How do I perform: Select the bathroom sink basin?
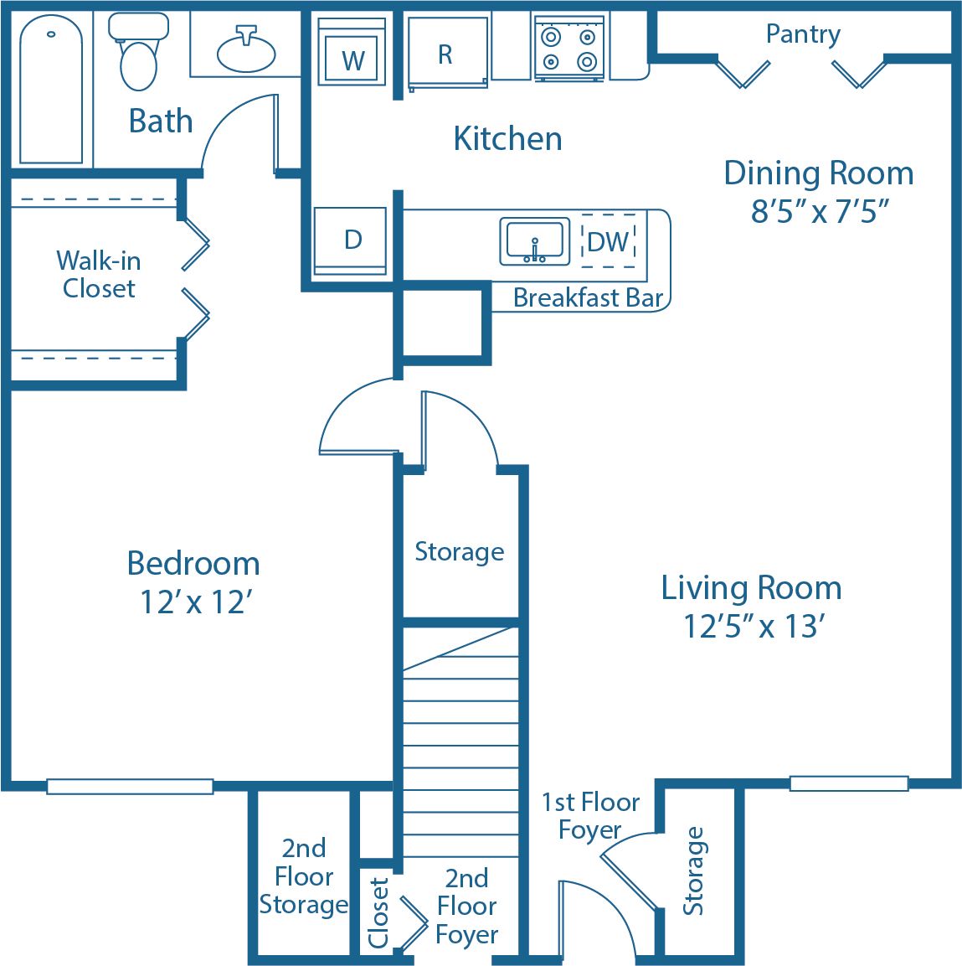tap(246, 52)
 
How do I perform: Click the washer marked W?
tap(352, 53)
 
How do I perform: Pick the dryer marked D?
tap(352, 240)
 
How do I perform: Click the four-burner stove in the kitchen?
tap(569, 49)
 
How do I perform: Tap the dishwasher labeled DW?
tap(609, 241)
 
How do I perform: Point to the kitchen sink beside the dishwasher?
tap(534, 241)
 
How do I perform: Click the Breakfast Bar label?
tap(588, 298)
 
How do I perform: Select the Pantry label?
tap(803, 34)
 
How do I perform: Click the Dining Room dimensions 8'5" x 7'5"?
tap(819, 211)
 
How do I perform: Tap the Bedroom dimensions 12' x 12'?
tap(196, 602)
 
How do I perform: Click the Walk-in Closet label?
tap(98, 274)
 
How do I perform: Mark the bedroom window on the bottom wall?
tap(130, 786)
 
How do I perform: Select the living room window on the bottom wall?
tap(848, 783)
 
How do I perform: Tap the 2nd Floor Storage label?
tap(303, 876)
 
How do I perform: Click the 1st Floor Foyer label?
tap(590, 815)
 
